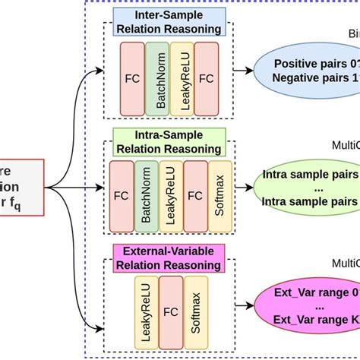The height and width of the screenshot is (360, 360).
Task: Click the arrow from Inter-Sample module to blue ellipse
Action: [243, 71]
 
